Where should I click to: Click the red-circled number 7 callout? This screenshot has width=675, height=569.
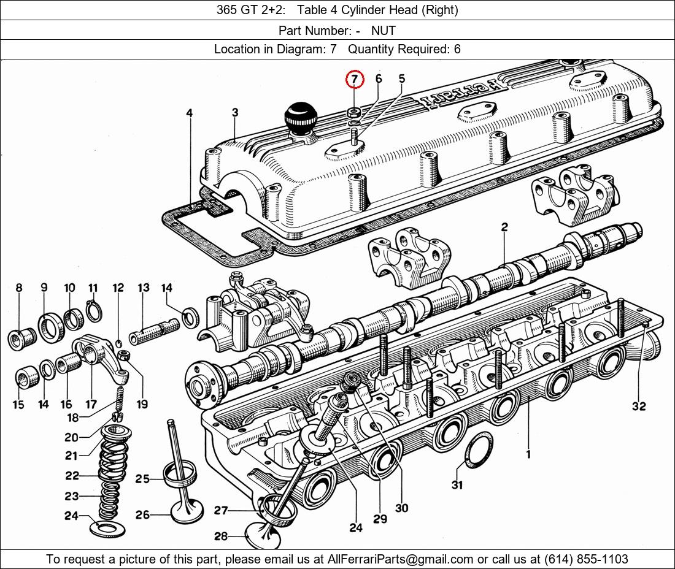coord(355,79)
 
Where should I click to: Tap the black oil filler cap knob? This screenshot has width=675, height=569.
coord(301,117)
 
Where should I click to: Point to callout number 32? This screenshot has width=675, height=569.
coord(639,406)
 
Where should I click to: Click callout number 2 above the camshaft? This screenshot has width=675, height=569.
coord(504,227)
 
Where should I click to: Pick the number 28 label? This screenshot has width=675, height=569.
coord(221,537)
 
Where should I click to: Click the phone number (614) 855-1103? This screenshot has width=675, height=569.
coord(586,559)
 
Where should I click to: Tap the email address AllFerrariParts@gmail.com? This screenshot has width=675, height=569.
coord(400,559)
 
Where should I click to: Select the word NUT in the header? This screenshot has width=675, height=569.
coord(383,31)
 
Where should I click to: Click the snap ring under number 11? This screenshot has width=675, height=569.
coord(94,311)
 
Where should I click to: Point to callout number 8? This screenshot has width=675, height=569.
coord(18,288)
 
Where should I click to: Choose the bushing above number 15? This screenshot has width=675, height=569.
coord(28,378)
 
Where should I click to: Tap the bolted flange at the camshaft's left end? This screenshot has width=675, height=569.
coord(202,385)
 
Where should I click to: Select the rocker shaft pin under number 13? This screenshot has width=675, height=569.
coord(154,331)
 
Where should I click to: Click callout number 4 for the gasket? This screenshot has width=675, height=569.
coord(190,113)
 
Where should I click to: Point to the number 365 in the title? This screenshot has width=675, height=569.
coord(226,10)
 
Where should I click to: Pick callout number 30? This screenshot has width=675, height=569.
coord(401,508)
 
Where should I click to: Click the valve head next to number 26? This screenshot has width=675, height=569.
coord(187,511)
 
